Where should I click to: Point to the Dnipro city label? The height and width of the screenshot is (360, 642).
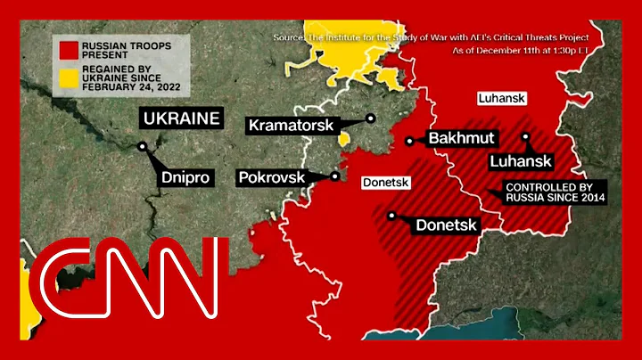186,177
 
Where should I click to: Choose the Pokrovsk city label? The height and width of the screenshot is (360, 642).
272,177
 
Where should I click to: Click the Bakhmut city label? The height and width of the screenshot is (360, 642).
462,138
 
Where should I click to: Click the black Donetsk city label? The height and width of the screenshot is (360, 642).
447,225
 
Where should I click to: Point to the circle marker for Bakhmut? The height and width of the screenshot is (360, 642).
409,140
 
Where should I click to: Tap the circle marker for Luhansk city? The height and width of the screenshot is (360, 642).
526,137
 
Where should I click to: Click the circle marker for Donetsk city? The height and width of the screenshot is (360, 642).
391,215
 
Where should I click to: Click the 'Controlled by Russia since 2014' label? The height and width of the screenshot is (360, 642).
538,193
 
